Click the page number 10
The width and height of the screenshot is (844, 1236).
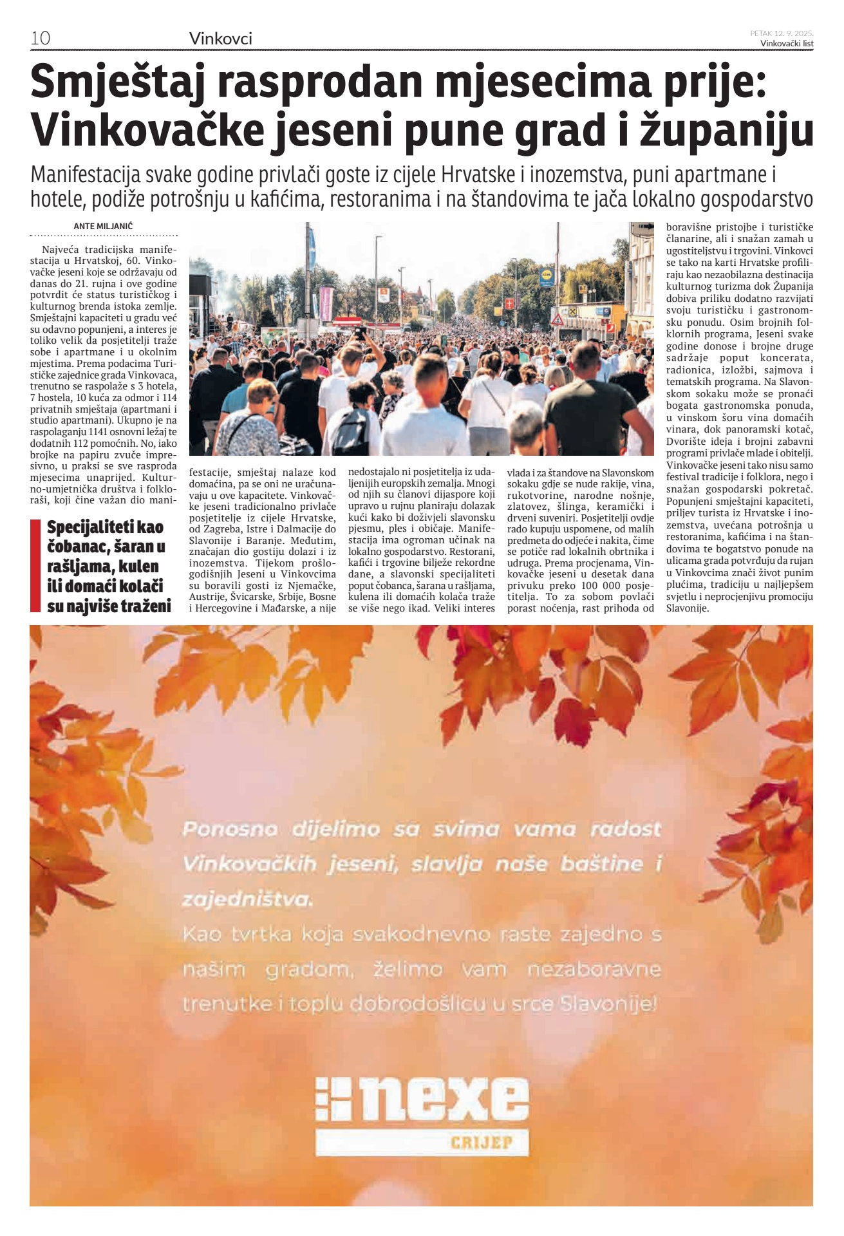(x=40, y=38)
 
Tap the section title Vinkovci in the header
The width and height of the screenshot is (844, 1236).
(x=220, y=39)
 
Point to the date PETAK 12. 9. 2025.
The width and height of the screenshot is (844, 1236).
(x=782, y=33)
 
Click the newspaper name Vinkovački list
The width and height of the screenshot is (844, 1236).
(x=787, y=44)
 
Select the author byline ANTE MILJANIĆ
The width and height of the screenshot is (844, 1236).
(x=103, y=227)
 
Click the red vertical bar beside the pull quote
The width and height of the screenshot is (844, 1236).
(x=35, y=566)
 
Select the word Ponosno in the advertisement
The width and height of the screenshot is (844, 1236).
(x=230, y=829)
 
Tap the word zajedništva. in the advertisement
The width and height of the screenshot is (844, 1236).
(x=247, y=899)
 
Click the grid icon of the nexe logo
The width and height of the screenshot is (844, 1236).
(x=333, y=1098)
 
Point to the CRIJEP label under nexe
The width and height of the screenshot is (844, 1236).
(x=482, y=1143)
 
